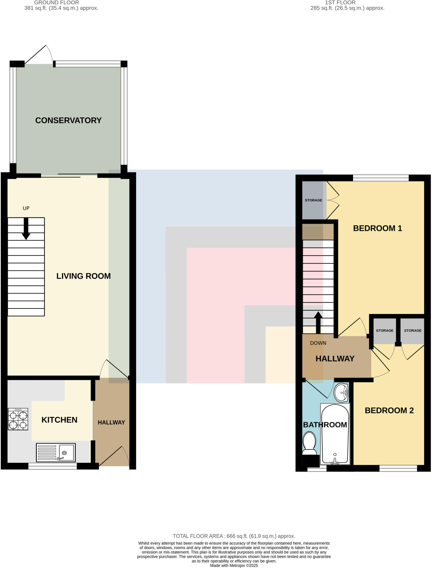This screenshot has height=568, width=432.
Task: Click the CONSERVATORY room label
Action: (68, 120)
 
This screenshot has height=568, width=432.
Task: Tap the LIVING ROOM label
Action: (83, 276)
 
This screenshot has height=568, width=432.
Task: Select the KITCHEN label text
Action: (59, 420)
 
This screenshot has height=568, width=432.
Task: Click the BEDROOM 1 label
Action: (377, 228)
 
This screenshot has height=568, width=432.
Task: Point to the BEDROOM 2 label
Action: (389, 410)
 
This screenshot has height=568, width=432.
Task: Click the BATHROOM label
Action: (325, 425)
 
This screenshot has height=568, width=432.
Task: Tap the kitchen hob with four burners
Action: (18, 419)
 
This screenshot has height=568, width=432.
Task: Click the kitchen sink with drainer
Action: (56, 453)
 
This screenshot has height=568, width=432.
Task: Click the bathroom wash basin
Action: (341, 392)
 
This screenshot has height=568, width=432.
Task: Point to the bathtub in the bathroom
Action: (335, 434)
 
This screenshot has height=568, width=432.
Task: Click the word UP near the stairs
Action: (26, 208)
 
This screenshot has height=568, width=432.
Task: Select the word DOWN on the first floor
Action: (318, 343)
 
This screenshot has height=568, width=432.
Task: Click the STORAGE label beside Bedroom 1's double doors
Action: (313, 200)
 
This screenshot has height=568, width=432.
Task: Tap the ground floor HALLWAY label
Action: (111, 422)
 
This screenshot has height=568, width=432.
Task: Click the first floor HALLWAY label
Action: (335, 359)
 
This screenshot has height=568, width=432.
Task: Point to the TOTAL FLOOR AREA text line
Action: (234, 536)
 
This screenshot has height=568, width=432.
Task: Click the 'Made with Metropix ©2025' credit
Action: (234, 566)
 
